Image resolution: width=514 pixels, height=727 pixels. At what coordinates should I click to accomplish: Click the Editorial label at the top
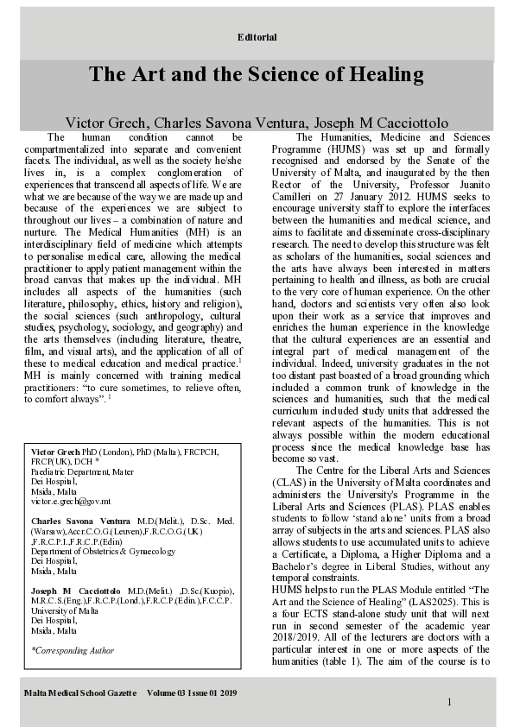tap(257, 37)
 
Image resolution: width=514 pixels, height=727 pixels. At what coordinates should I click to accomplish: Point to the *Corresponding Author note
tap(73, 650)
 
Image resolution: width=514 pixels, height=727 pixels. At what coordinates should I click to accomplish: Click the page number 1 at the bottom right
tap(449, 702)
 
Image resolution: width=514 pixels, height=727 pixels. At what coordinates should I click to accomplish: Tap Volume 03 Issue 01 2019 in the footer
tap(192, 692)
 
